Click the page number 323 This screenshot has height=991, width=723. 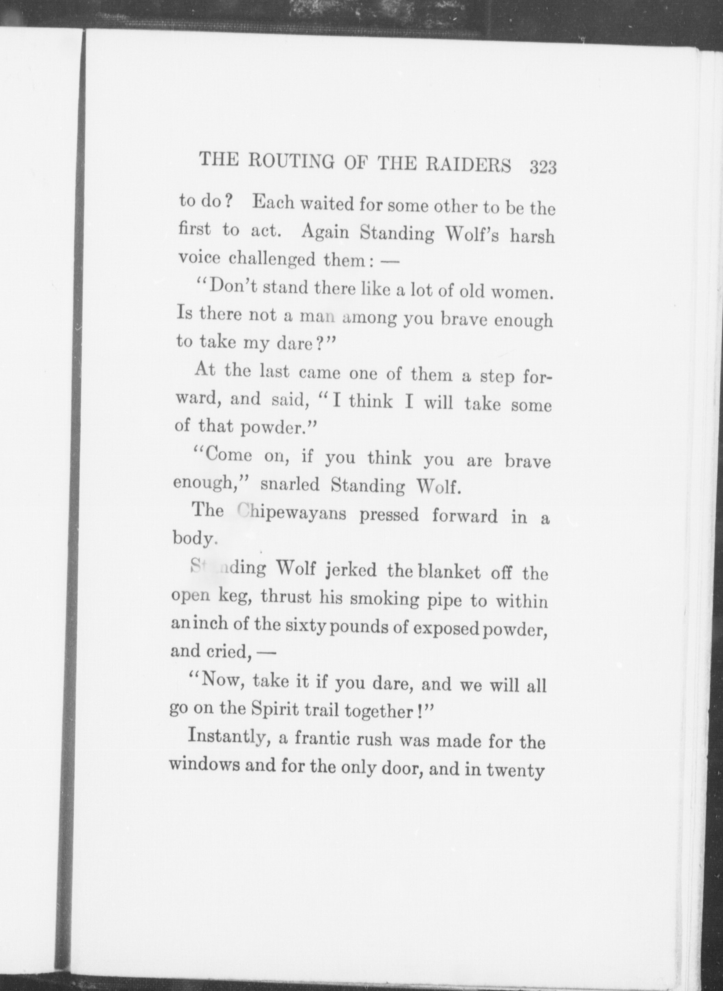pos(543,167)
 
